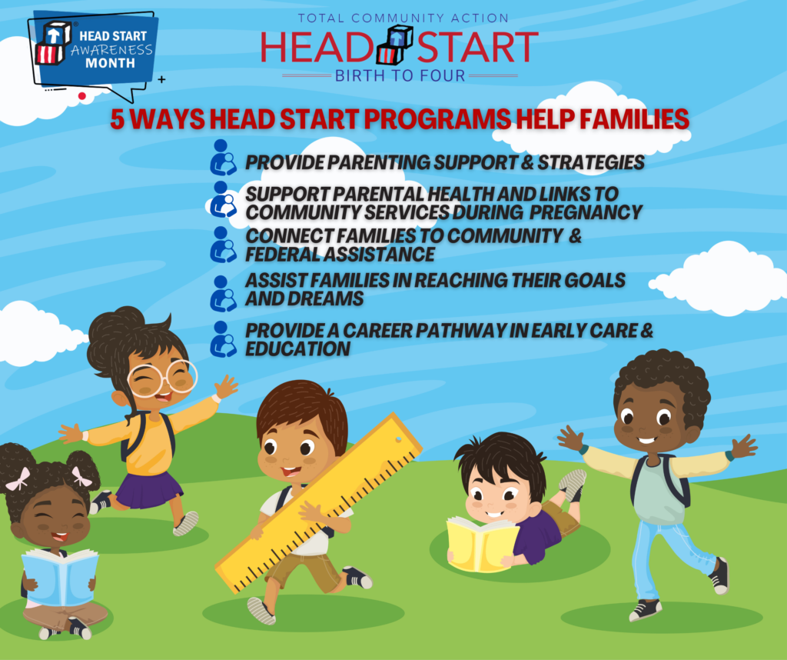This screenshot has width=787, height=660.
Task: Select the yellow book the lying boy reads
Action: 481,543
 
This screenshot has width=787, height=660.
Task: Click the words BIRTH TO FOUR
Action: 400,75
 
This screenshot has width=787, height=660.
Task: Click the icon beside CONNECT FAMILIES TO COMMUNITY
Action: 223,245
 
